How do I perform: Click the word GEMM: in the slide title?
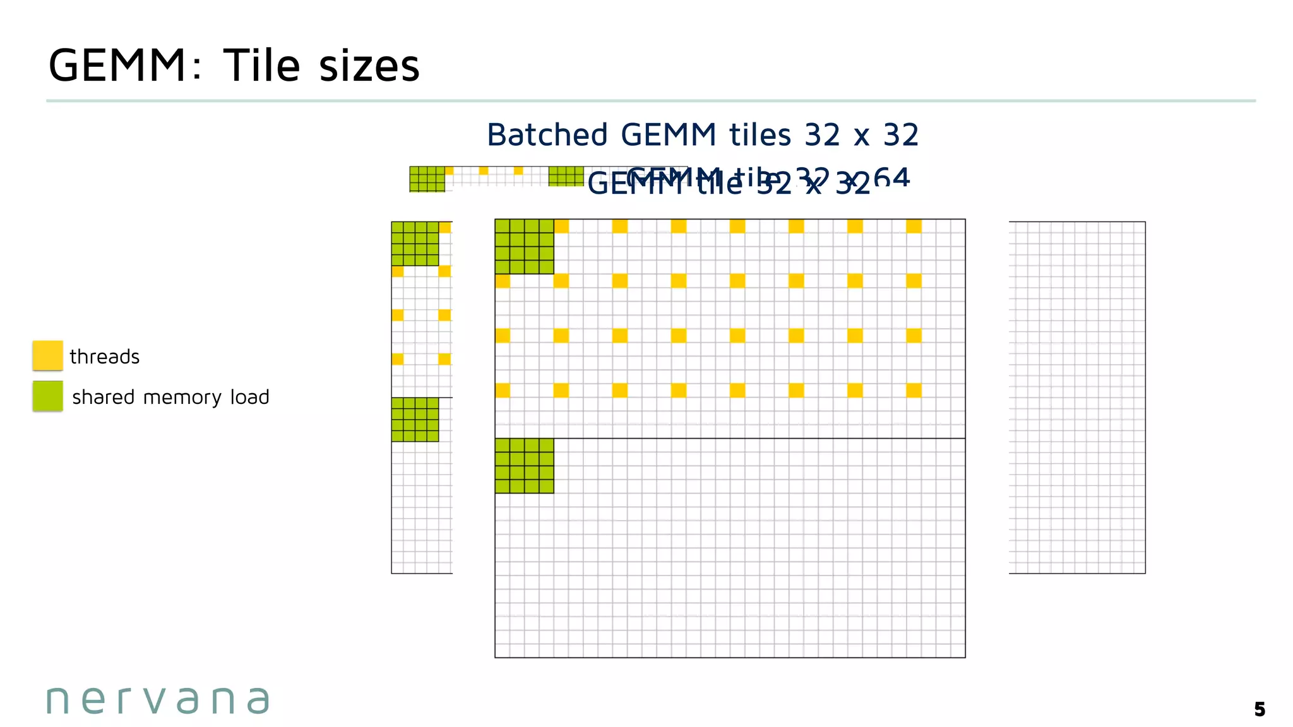pyautogui.click(x=125, y=66)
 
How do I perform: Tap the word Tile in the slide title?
pyautogui.click(x=261, y=66)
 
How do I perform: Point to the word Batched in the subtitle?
pyautogui.click(x=547, y=135)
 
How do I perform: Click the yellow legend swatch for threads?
pyautogui.click(x=47, y=355)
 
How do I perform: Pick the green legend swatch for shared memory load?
pyautogui.click(x=47, y=396)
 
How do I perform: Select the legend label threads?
pyautogui.click(x=104, y=357)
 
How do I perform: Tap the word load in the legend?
pyautogui.click(x=249, y=397)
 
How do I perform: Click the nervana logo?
pyautogui.click(x=158, y=700)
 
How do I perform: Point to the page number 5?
pyautogui.click(x=1260, y=709)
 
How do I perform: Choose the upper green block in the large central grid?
pyautogui.click(x=524, y=247)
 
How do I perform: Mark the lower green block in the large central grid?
pyautogui.click(x=524, y=466)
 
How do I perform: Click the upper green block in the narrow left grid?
pyautogui.click(x=415, y=244)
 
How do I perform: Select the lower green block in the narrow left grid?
pyautogui.click(x=415, y=420)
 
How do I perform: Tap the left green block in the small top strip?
pyautogui.click(x=427, y=179)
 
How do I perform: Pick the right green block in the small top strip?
pyautogui.click(x=566, y=176)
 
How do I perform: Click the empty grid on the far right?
pyautogui.click(x=1077, y=398)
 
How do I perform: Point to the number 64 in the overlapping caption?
pyautogui.click(x=891, y=177)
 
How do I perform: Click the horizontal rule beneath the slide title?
pyautogui.click(x=650, y=101)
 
